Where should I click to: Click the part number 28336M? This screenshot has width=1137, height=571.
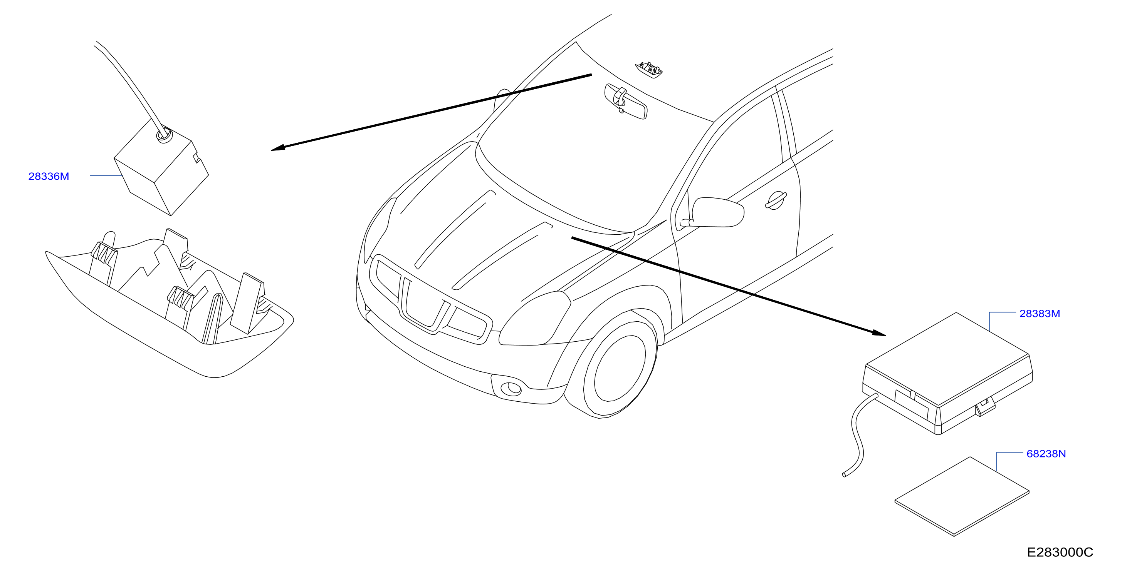click(49, 176)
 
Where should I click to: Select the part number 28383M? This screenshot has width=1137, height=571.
click(1040, 314)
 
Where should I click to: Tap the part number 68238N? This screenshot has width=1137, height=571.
click(1046, 454)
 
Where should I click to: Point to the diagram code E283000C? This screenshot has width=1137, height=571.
click(1060, 552)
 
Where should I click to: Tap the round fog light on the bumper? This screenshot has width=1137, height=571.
click(514, 388)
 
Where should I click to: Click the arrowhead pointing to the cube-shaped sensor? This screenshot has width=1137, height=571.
click(278, 149)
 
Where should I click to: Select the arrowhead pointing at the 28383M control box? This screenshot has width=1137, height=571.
click(879, 333)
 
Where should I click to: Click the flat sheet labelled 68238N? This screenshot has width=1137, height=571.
click(962, 496)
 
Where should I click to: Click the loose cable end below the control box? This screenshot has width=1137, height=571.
click(844, 474)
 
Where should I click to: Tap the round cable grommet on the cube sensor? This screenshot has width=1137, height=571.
click(164, 135)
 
